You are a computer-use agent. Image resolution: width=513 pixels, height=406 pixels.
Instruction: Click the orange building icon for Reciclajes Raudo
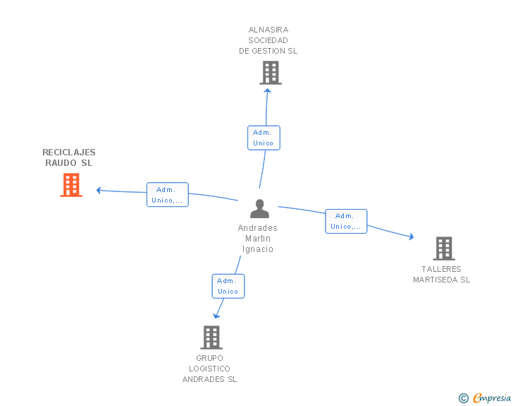point(71,185)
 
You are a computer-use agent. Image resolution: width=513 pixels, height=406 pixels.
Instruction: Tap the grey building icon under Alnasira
point(271,73)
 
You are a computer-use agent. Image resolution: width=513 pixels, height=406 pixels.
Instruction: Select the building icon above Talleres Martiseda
point(444,249)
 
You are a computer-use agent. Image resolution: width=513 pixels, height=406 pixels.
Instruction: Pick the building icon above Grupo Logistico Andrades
point(211,338)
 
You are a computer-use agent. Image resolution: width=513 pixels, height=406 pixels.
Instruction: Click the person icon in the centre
point(259,208)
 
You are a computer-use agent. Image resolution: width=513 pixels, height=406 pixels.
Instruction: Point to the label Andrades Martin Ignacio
point(258,239)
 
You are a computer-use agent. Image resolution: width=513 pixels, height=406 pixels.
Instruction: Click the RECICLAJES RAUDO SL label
point(69,157)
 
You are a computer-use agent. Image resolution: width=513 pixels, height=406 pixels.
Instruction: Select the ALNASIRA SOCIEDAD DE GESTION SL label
point(268,40)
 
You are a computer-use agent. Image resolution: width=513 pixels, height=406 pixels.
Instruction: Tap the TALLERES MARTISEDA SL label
point(441,274)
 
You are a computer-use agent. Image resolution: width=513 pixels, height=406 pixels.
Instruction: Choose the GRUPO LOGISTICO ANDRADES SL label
point(209,369)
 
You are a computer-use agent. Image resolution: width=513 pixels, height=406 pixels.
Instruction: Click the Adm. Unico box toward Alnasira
point(264,138)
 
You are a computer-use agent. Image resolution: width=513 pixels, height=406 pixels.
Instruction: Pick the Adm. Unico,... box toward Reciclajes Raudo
point(168,194)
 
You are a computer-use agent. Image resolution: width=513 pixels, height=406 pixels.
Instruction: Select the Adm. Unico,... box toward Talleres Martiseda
point(346,222)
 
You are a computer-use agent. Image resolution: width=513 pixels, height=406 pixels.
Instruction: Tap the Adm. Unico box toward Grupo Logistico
point(228,286)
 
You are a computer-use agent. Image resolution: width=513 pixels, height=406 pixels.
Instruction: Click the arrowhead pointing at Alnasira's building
point(267,90)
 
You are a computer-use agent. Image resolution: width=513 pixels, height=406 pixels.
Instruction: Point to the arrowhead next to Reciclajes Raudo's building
point(99,190)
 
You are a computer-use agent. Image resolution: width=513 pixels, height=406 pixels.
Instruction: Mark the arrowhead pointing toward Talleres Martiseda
point(412,237)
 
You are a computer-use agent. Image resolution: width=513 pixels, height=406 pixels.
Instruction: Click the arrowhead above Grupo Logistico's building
point(216,316)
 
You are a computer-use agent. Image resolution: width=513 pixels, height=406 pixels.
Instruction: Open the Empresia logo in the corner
point(492,398)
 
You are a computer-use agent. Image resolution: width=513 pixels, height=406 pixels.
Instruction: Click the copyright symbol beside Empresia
point(464,398)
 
